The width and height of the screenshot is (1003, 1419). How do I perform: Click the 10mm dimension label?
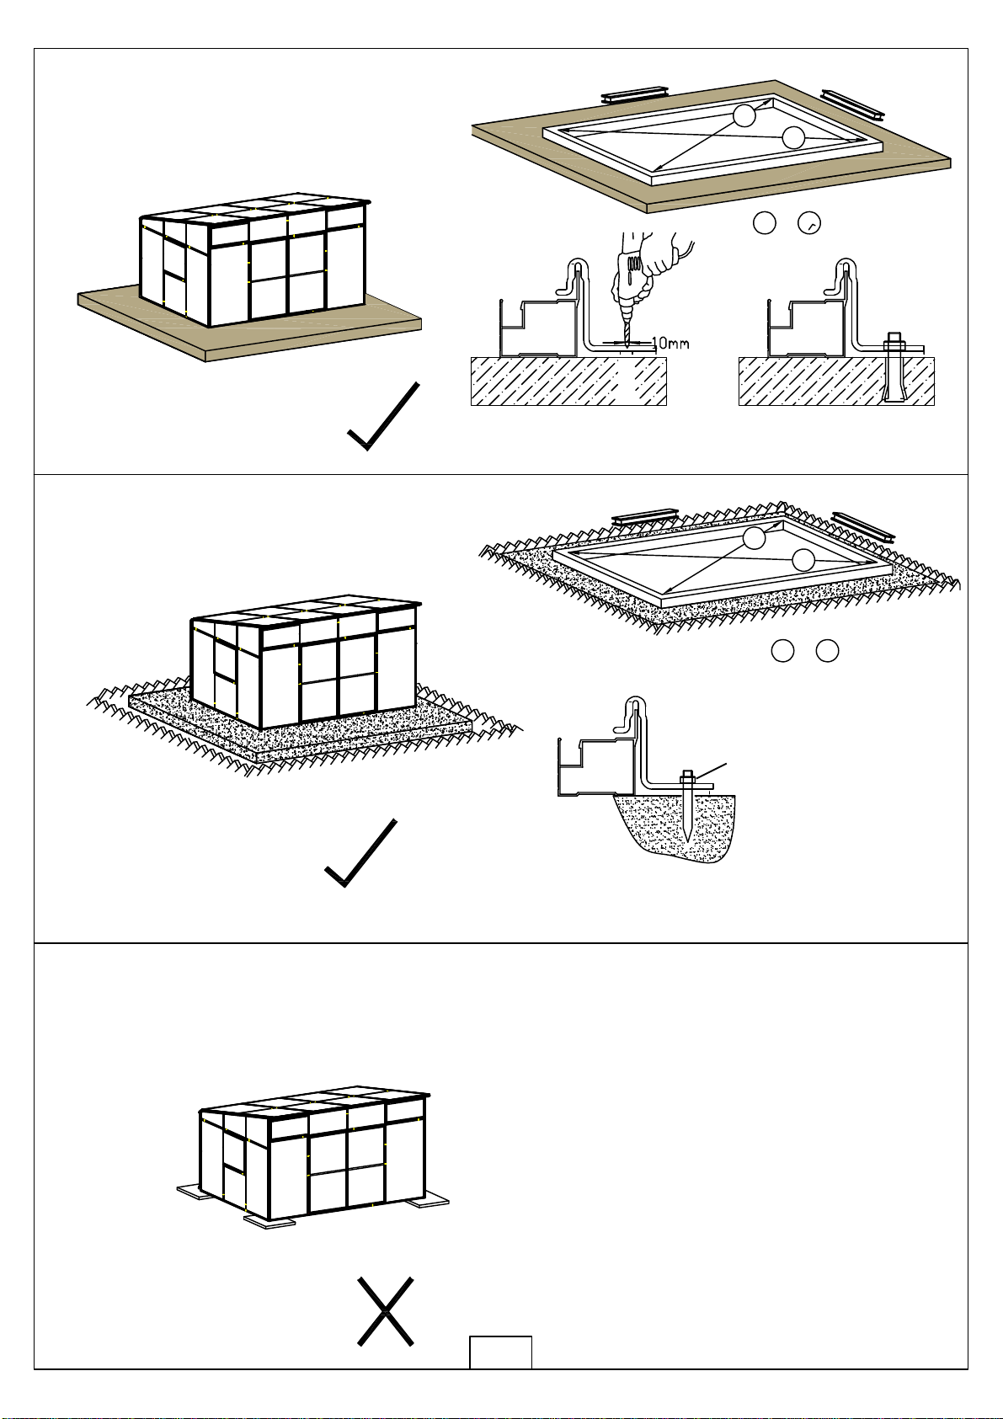[670, 344]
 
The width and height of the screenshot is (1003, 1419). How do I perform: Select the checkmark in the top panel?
[383, 415]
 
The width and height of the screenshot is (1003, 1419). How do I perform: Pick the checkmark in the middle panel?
[360, 853]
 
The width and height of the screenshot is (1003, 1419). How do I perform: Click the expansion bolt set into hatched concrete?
[894, 367]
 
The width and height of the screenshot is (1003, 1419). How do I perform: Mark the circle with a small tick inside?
[809, 223]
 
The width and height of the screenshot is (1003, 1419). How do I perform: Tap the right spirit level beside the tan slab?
[853, 104]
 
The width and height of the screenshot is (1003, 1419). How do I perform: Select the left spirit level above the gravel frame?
[645, 516]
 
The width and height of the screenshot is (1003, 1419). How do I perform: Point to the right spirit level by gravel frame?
[863, 526]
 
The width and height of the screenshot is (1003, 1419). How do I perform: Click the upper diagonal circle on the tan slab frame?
[744, 115]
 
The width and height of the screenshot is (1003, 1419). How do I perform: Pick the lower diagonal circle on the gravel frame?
[803, 560]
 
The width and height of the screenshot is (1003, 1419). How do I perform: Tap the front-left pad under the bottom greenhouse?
[269, 1222]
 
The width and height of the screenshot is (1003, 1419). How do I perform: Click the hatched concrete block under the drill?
[568, 381]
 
